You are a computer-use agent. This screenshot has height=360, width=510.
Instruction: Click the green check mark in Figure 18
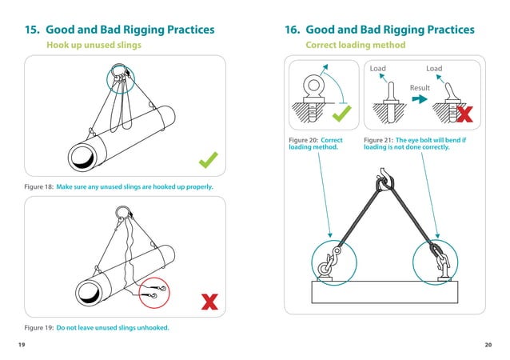point(209,162)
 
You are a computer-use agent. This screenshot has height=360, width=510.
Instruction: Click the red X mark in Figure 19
point(209,302)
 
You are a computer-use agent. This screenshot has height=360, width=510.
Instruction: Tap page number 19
point(21,344)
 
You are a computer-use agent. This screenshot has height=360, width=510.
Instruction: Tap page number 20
point(488,344)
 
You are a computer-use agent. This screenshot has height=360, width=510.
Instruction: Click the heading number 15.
point(34,30)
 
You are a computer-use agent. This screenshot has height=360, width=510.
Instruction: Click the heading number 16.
point(293,30)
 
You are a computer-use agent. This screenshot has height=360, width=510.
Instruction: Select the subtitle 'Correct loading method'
point(356,46)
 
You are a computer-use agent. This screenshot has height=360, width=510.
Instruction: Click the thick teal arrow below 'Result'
point(420,100)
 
